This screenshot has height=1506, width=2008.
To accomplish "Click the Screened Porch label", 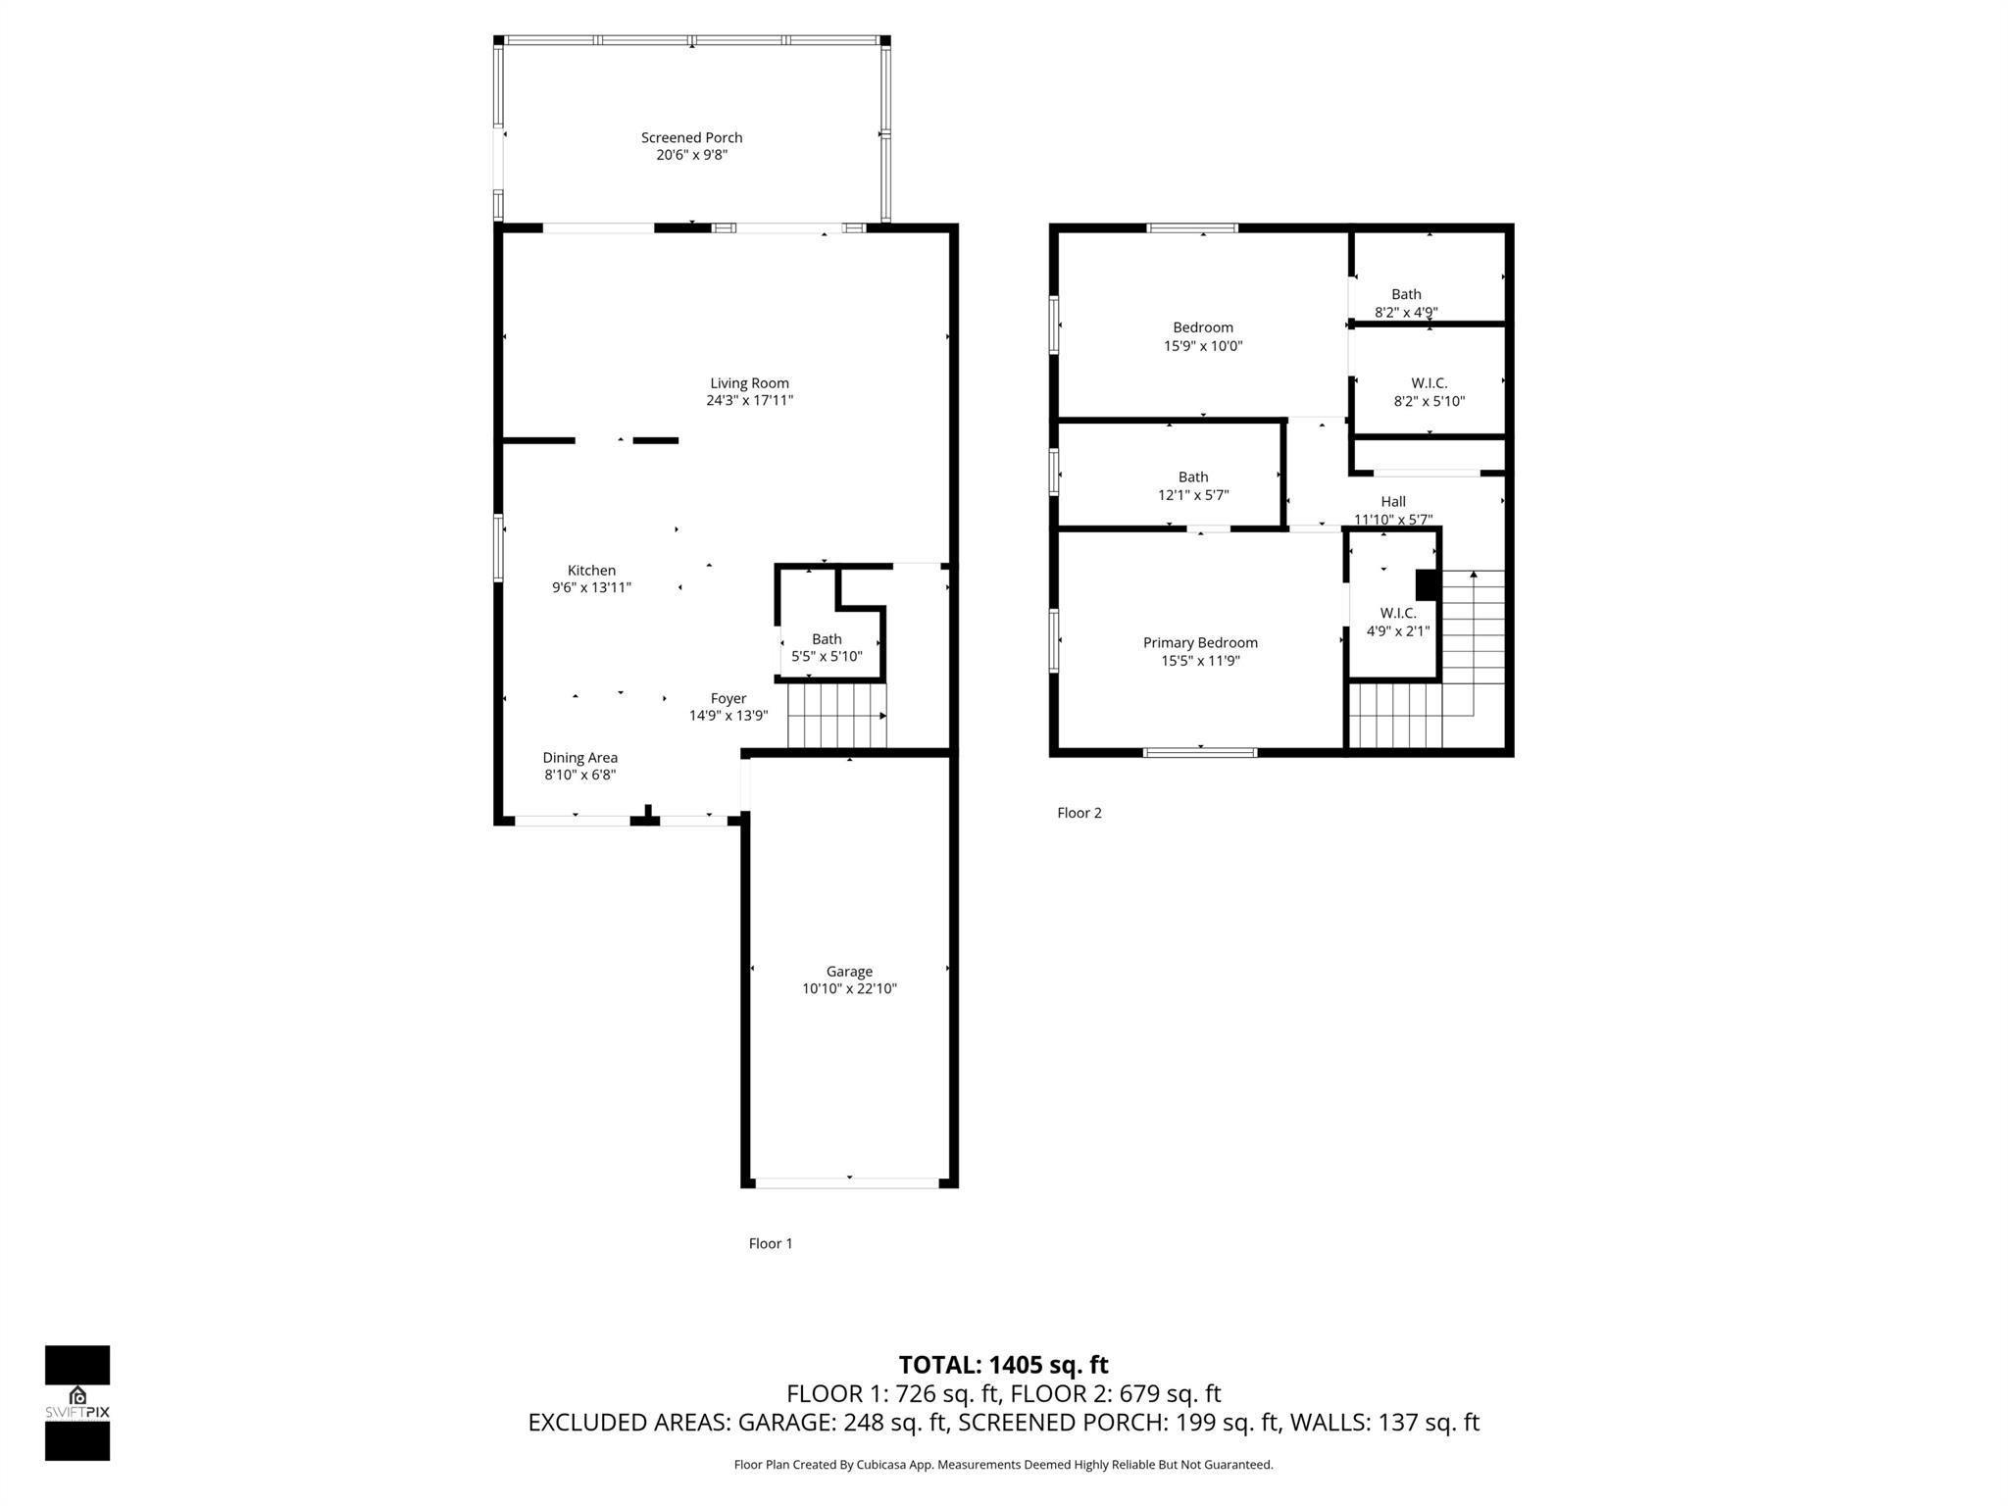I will [x=691, y=138].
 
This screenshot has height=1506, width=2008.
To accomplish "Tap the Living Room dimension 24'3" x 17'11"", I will [x=749, y=401].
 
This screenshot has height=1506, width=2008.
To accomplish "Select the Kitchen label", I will [x=591, y=571].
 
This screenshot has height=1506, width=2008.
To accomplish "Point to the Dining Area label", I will [x=579, y=758].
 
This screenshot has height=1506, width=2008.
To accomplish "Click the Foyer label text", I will [x=728, y=699].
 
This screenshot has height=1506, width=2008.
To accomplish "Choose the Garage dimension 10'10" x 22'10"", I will [x=849, y=989].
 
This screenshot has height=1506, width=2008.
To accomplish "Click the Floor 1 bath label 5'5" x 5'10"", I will [x=827, y=657].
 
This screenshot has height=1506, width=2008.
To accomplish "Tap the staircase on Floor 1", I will [x=836, y=716].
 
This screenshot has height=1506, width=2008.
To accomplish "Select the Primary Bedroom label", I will [x=1200, y=643].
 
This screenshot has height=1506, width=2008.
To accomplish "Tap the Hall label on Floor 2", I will [x=1393, y=502].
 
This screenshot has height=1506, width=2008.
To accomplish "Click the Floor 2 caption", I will [x=1079, y=813].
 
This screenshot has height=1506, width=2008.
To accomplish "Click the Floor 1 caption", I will [x=770, y=1243].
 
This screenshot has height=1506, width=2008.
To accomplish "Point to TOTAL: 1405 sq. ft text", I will [x=1003, y=1365].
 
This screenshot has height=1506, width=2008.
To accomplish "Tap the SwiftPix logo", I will [x=77, y=1403].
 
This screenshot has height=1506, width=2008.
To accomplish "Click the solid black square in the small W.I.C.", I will [x=1427, y=585].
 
